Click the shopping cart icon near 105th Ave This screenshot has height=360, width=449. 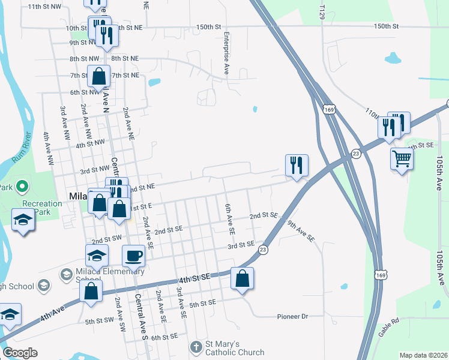[402, 159]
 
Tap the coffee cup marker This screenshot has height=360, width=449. [133, 256]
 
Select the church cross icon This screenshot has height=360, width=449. [196, 347]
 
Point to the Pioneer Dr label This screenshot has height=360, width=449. [292, 316]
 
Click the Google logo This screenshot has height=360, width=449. [20, 352]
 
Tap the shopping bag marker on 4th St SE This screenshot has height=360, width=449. [242, 278]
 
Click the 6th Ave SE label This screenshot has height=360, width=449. [229, 218]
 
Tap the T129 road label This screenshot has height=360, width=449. [323, 11]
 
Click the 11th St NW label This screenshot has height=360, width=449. [45, 6]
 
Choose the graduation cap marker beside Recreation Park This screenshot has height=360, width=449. [23, 220]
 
